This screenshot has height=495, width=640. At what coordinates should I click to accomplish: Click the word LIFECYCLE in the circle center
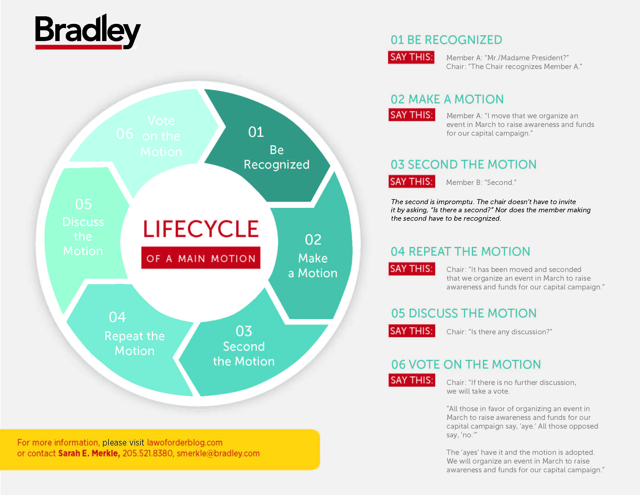[x=201, y=229]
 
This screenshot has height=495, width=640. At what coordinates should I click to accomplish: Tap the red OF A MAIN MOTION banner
[x=201, y=258]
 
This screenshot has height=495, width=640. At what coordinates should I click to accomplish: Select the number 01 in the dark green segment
[x=256, y=132]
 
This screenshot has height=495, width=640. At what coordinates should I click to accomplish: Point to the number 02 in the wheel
[x=313, y=240]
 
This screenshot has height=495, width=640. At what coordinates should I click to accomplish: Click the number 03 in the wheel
[x=244, y=331]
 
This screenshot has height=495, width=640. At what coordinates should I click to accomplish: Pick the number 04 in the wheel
[x=117, y=317]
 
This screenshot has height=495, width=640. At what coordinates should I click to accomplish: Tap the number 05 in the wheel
[x=83, y=204]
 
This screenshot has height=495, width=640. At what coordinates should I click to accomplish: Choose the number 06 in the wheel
[x=125, y=134]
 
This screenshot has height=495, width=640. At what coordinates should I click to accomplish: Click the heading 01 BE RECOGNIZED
[x=446, y=40]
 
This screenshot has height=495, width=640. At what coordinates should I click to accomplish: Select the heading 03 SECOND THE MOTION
[x=463, y=165]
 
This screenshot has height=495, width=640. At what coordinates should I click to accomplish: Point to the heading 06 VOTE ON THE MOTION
[x=466, y=365]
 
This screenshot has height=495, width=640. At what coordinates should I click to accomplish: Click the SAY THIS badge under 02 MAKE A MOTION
[x=411, y=115]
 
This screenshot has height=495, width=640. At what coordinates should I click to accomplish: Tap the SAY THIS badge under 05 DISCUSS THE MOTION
[x=411, y=331]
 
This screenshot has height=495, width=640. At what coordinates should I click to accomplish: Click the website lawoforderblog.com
[x=185, y=442]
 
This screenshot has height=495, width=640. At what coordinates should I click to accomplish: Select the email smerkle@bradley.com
[x=218, y=453]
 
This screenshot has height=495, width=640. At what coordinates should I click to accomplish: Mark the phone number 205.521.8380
[x=147, y=453]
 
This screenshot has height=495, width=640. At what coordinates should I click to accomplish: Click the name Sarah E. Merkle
[x=89, y=453]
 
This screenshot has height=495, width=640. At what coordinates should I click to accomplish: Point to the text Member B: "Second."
[x=481, y=182]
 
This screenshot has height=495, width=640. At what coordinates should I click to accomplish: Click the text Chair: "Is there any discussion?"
[x=499, y=332]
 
